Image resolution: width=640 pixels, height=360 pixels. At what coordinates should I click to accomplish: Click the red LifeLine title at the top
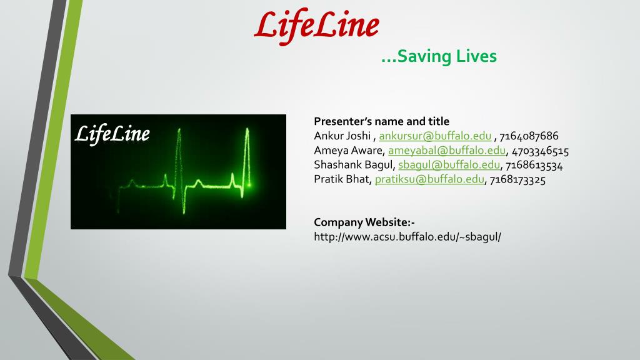tap(316, 27)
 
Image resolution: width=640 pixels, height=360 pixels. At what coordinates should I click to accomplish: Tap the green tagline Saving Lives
tap(439, 56)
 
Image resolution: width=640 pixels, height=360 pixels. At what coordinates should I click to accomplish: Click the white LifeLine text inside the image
tap(112, 134)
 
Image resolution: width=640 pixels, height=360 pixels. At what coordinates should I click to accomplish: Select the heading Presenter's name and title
tap(382, 121)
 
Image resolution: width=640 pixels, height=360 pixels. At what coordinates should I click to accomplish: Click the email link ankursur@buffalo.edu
tap(435, 136)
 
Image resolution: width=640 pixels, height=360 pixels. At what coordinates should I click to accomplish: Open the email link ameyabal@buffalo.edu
tap(447, 151)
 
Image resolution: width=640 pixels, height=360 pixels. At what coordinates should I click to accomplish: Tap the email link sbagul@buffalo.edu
tap(449, 165)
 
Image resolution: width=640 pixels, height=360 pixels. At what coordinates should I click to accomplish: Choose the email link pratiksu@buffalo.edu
tap(429, 179)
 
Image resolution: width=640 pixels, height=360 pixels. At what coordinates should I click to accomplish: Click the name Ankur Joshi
tap(342, 136)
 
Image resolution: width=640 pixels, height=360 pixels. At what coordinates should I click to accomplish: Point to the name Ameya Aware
tap(348, 151)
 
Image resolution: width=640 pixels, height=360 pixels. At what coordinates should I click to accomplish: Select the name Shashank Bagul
tap(354, 165)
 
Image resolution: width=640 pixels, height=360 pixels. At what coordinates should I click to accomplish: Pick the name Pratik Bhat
tap(342, 179)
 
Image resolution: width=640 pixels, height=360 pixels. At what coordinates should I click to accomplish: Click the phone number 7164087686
tap(529, 136)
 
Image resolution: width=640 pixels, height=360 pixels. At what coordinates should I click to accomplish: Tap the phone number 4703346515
tap(541, 151)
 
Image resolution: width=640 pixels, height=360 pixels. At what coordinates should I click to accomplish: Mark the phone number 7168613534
tap(534, 165)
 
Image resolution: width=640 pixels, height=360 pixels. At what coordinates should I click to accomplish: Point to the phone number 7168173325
tap(517, 179)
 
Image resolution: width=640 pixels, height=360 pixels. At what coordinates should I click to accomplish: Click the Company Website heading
tap(364, 222)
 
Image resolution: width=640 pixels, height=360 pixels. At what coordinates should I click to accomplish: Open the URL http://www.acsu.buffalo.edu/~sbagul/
tap(407, 237)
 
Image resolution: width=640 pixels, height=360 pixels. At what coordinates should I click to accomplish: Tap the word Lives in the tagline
tap(476, 56)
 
